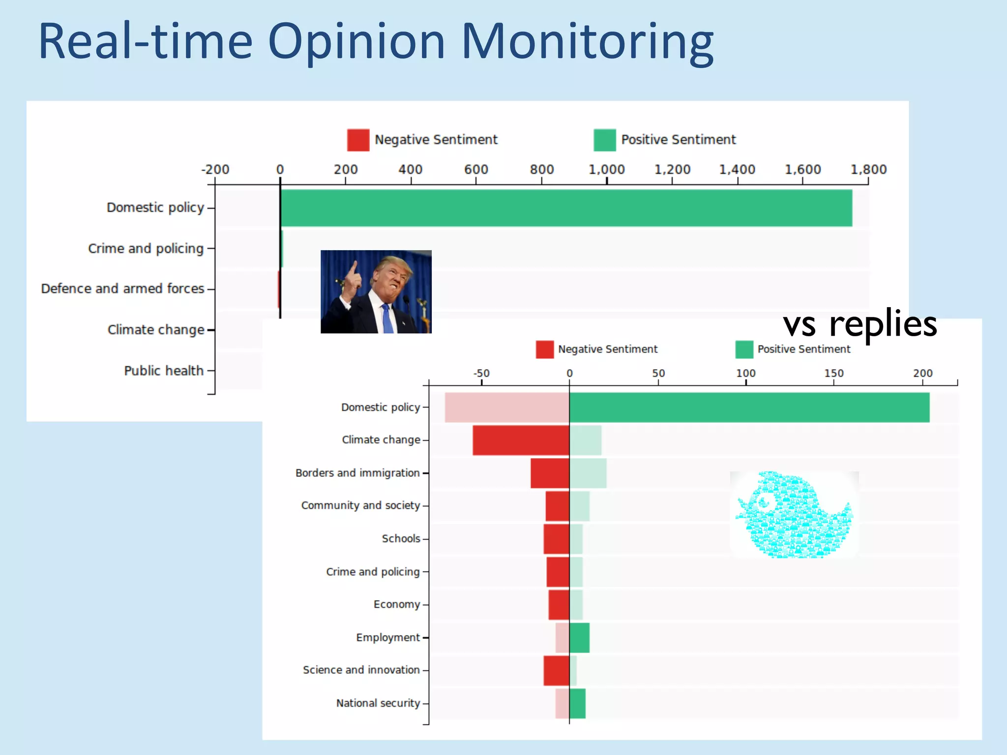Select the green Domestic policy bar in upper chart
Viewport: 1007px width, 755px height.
[565, 208]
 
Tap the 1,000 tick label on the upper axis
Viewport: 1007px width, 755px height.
[606, 170]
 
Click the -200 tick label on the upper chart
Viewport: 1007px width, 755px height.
[215, 170]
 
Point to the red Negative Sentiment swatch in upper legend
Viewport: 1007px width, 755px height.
[358, 140]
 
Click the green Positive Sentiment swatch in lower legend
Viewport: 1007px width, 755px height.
[744, 349]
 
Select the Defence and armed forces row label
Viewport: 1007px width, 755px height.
[122, 289]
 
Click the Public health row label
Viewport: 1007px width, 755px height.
[164, 371]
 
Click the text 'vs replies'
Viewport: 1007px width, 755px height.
[860, 324]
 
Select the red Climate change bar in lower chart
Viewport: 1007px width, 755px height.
[521, 440]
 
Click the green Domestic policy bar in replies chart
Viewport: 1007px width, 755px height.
[749, 407]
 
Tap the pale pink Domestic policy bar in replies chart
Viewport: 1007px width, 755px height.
[506, 407]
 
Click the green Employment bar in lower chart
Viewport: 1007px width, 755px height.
[579, 638]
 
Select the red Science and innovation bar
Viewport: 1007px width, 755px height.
[556, 670]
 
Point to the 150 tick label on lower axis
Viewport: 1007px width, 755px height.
[834, 373]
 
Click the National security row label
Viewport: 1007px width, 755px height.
[378, 703]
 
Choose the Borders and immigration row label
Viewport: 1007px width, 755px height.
[357, 473]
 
